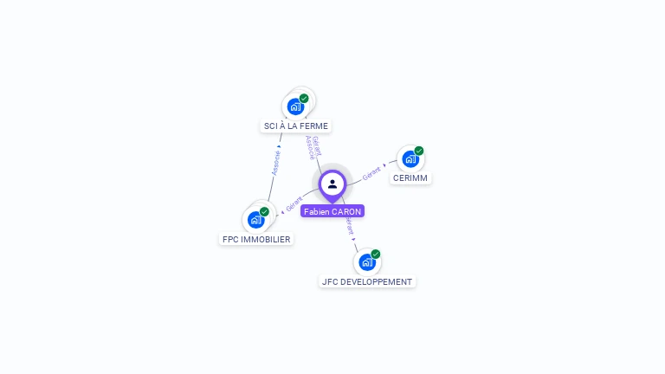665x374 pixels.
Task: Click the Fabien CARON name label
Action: pyautogui.click(x=332, y=211)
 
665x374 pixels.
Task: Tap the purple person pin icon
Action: pyautogui.click(x=332, y=184)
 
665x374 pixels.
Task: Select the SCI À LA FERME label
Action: pyautogui.click(x=296, y=126)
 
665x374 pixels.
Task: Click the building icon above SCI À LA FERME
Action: pyautogui.click(x=295, y=107)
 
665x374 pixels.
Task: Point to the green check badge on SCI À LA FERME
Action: pyautogui.click(x=304, y=99)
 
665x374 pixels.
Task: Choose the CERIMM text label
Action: pyautogui.click(x=410, y=177)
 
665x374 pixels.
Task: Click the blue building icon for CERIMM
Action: pyautogui.click(x=410, y=159)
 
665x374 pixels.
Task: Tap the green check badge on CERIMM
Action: pyautogui.click(x=419, y=151)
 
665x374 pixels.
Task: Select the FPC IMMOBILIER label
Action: pyautogui.click(x=256, y=239)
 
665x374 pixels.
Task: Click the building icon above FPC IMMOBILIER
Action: pyautogui.click(x=255, y=220)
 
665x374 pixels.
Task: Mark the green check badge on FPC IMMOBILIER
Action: pyautogui.click(x=264, y=211)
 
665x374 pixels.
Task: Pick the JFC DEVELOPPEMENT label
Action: pyautogui.click(x=367, y=281)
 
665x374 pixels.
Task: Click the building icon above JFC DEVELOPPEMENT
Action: pyautogui.click(x=367, y=261)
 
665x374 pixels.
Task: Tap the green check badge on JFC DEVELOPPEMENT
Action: pyautogui.click(x=376, y=254)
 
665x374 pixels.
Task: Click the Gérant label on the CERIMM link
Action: pyautogui.click(x=372, y=172)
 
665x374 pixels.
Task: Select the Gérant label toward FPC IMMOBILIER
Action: pyautogui.click(x=294, y=204)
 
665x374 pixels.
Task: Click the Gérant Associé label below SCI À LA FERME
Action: pyautogui.click(x=313, y=146)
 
